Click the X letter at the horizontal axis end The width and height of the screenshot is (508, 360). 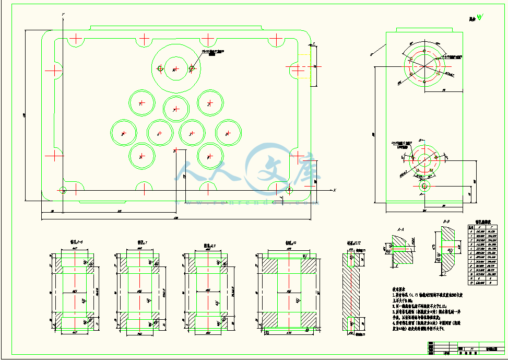coord(335,189)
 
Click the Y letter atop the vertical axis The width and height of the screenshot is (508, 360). coord(62,14)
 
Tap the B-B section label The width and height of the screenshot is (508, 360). coord(447,222)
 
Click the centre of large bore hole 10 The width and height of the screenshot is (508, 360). coord(175,68)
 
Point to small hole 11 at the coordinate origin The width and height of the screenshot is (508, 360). coord(63,190)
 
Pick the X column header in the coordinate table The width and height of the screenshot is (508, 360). coord(479,228)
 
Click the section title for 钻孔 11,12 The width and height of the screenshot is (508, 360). coord(353,243)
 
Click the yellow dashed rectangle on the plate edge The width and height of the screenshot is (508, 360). coord(313,65)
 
